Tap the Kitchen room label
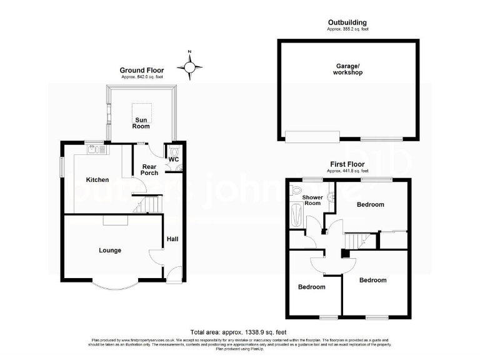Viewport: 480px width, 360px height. (x=97, y=180)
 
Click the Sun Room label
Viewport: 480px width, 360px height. (x=141, y=122)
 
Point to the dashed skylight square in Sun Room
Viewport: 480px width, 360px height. (x=145, y=108)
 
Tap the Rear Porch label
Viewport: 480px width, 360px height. (x=149, y=169)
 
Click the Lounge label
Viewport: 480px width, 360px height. (x=110, y=251)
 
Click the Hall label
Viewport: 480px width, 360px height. (x=172, y=238)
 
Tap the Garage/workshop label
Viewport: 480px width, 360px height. (x=348, y=69)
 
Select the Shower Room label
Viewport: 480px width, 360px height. (x=312, y=200)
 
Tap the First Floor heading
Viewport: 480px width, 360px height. (x=348, y=164)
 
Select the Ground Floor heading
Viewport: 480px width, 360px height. (x=142, y=70)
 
